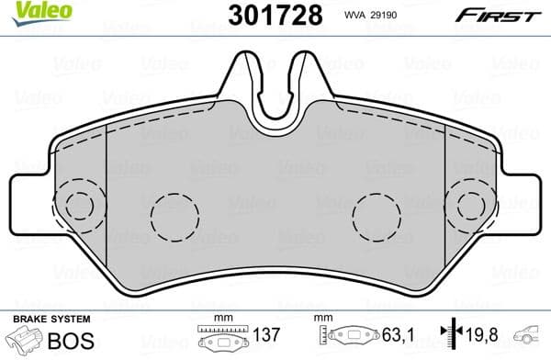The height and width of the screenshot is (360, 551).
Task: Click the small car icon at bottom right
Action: [532, 335]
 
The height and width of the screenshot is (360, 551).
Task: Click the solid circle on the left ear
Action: [80, 208]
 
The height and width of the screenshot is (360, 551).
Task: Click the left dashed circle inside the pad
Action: [174, 217]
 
